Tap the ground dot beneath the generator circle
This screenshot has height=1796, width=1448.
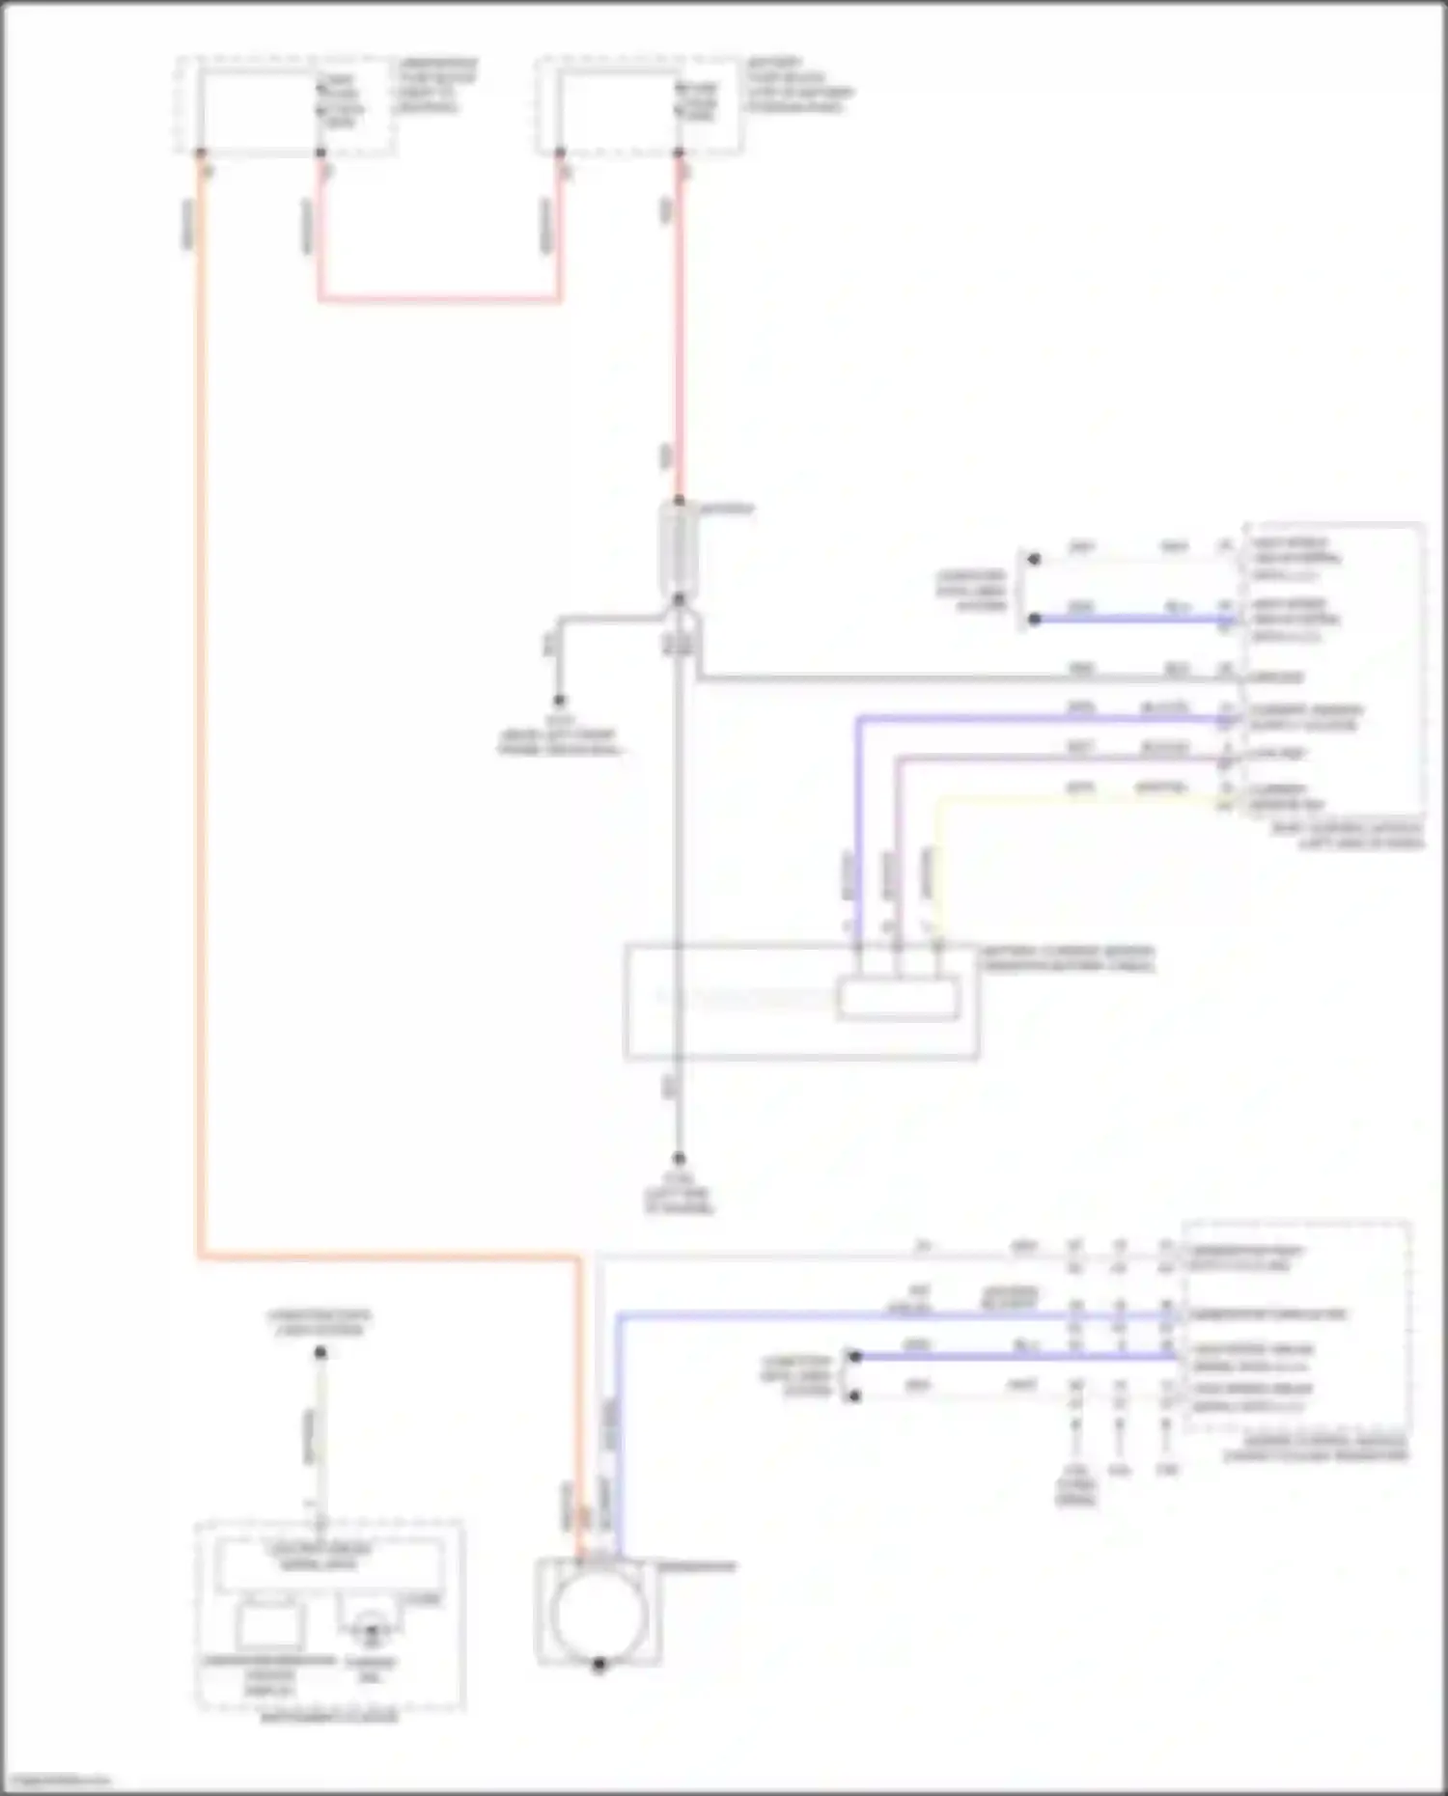(x=599, y=1665)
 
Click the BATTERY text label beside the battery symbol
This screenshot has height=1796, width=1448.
(x=726, y=509)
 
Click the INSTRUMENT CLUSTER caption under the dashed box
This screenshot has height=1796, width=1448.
(x=329, y=1717)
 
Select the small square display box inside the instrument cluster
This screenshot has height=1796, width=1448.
(x=269, y=1626)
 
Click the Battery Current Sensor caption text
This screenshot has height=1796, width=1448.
(x=1068, y=958)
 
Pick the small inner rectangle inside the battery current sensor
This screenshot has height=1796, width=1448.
(x=898, y=999)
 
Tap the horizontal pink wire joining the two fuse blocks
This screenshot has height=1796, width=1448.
(x=440, y=300)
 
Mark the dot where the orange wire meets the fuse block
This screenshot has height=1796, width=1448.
(x=201, y=153)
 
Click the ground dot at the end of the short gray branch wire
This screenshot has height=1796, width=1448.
(x=559, y=701)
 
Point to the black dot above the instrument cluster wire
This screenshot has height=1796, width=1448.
(x=320, y=1353)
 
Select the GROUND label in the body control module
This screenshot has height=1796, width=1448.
(x=1276, y=677)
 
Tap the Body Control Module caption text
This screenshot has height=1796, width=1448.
(x=1361, y=835)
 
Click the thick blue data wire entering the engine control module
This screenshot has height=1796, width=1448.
(x=1014, y=1356)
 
